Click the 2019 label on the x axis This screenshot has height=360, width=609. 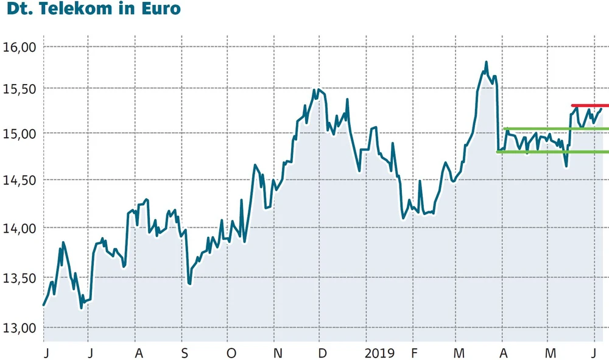[x=379, y=353]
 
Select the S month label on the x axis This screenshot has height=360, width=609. [x=183, y=353]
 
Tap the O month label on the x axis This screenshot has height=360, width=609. [x=230, y=353]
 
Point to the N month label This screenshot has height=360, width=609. [x=277, y=353]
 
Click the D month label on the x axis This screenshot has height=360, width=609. [x=322, y=353]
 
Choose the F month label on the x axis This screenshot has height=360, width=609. [x=414, y=353]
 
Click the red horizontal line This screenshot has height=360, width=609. [x=590, y=105]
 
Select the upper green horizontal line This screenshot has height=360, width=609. [x=554, y=129]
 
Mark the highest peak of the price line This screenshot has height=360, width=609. [x=486, y=62]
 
